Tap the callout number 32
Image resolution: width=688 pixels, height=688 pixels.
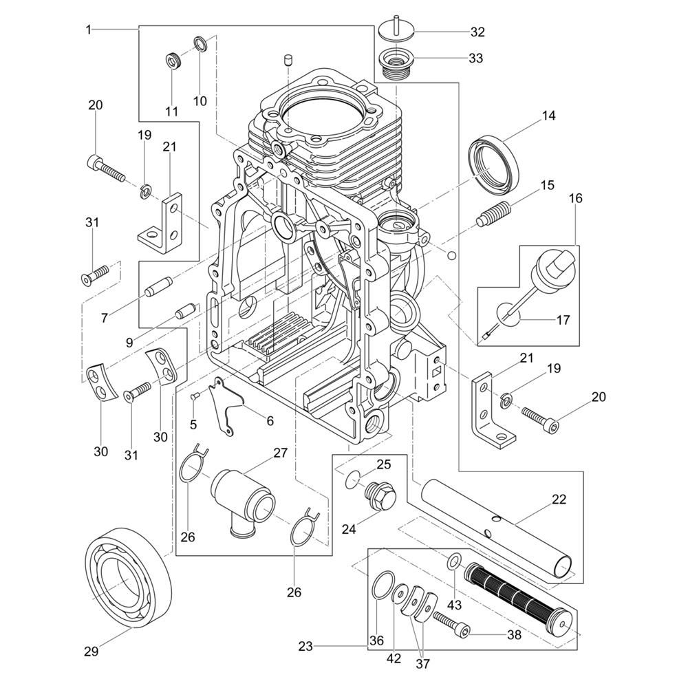pyautogui.click(x=477, y=32)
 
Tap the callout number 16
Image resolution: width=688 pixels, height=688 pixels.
pyautogui.click(x=575, y=198)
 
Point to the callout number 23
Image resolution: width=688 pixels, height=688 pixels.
pyautogui.click(x=307, y=646)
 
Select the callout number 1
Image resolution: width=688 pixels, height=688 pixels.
pyautogui.click(x=89, y=29)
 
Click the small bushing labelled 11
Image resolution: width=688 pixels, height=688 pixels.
pyautogui.click(x=172, y=61)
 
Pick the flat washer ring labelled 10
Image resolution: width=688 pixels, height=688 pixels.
pyautogui.click(x=201, y=43)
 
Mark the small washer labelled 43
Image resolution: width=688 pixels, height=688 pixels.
pyautogui.click(x=455, y=562)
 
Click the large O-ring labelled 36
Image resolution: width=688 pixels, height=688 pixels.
pyautogui.click(x=380, y=587)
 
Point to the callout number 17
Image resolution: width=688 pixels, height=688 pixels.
pyautogui.click(x=563, y=319)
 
